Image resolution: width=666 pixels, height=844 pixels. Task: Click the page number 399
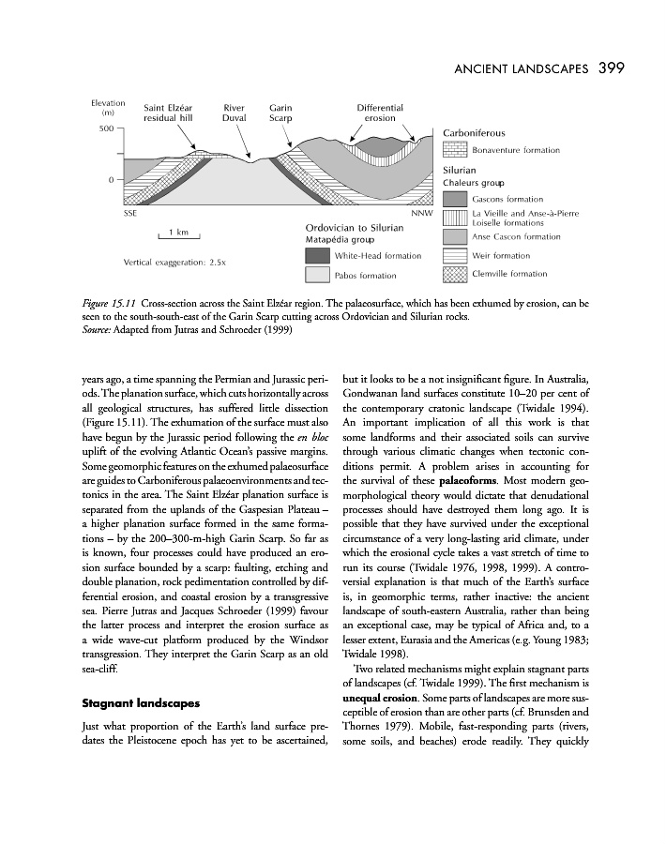[x=612, y=68]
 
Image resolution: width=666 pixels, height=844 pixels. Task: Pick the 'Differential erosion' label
[x=380, y=113]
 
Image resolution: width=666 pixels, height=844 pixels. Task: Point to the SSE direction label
[x=130, y=215]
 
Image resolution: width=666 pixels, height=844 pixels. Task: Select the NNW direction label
[x=421, y=215]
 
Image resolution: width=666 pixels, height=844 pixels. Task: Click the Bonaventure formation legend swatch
[x=455, y=149]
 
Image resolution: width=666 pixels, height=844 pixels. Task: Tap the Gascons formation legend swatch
[x=455, y=199]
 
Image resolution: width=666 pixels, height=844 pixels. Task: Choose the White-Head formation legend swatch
[x=318, y=255]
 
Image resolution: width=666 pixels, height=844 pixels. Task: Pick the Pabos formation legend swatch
[x=318, y=275]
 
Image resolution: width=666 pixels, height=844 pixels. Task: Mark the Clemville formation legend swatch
[x=455, y=274]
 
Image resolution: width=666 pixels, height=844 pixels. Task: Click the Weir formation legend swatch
[x=455, y=255]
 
